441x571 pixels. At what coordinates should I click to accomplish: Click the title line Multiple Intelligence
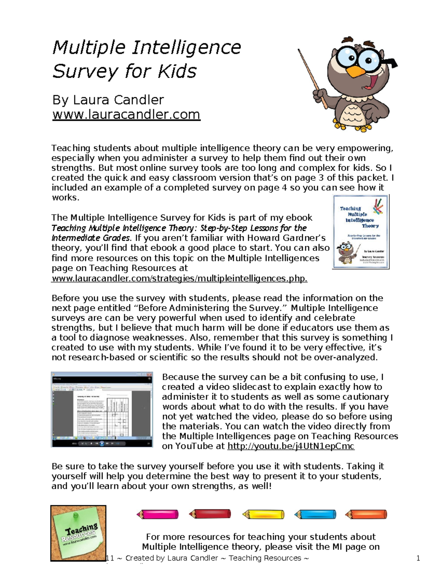[146, 48]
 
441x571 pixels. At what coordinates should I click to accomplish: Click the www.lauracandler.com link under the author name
[126, 114]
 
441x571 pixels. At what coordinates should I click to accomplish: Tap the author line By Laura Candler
[108, 100]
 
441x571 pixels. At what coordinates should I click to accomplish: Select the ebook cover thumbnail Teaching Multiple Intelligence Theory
[361, 232]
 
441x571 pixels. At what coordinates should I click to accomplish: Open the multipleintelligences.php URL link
[179, 278]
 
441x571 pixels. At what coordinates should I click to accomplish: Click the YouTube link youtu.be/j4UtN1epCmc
[291, 446]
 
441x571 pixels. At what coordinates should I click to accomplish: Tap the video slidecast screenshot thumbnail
[102, 409]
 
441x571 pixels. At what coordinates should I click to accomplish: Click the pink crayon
[158, 514]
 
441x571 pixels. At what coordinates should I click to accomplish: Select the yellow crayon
[263, 514]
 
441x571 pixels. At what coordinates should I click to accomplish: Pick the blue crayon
[315, 514]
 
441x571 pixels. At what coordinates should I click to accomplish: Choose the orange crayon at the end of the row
[366, 514]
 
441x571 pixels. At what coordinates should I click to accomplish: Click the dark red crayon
[210, 514]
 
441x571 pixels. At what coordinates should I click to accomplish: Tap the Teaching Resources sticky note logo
[78, 533]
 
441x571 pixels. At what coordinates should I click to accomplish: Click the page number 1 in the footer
[418, 558]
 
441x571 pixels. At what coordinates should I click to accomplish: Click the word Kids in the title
[177, 71]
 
